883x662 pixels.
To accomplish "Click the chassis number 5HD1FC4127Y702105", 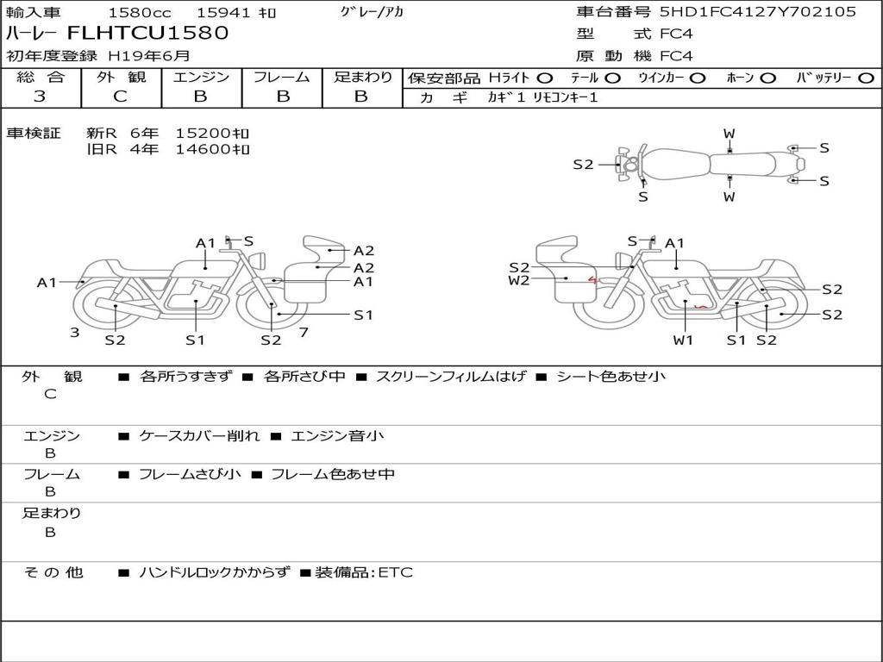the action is pos(758,11).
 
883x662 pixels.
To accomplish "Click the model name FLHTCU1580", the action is pos(148,34).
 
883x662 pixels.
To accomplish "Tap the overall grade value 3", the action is pos(40,97).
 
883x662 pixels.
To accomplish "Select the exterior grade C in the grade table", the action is pos(121,97).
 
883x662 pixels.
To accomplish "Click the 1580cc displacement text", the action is pos(140,12).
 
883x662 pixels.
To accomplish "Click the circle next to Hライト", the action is pos(545,78).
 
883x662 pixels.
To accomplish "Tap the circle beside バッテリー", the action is pos(866,78).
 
